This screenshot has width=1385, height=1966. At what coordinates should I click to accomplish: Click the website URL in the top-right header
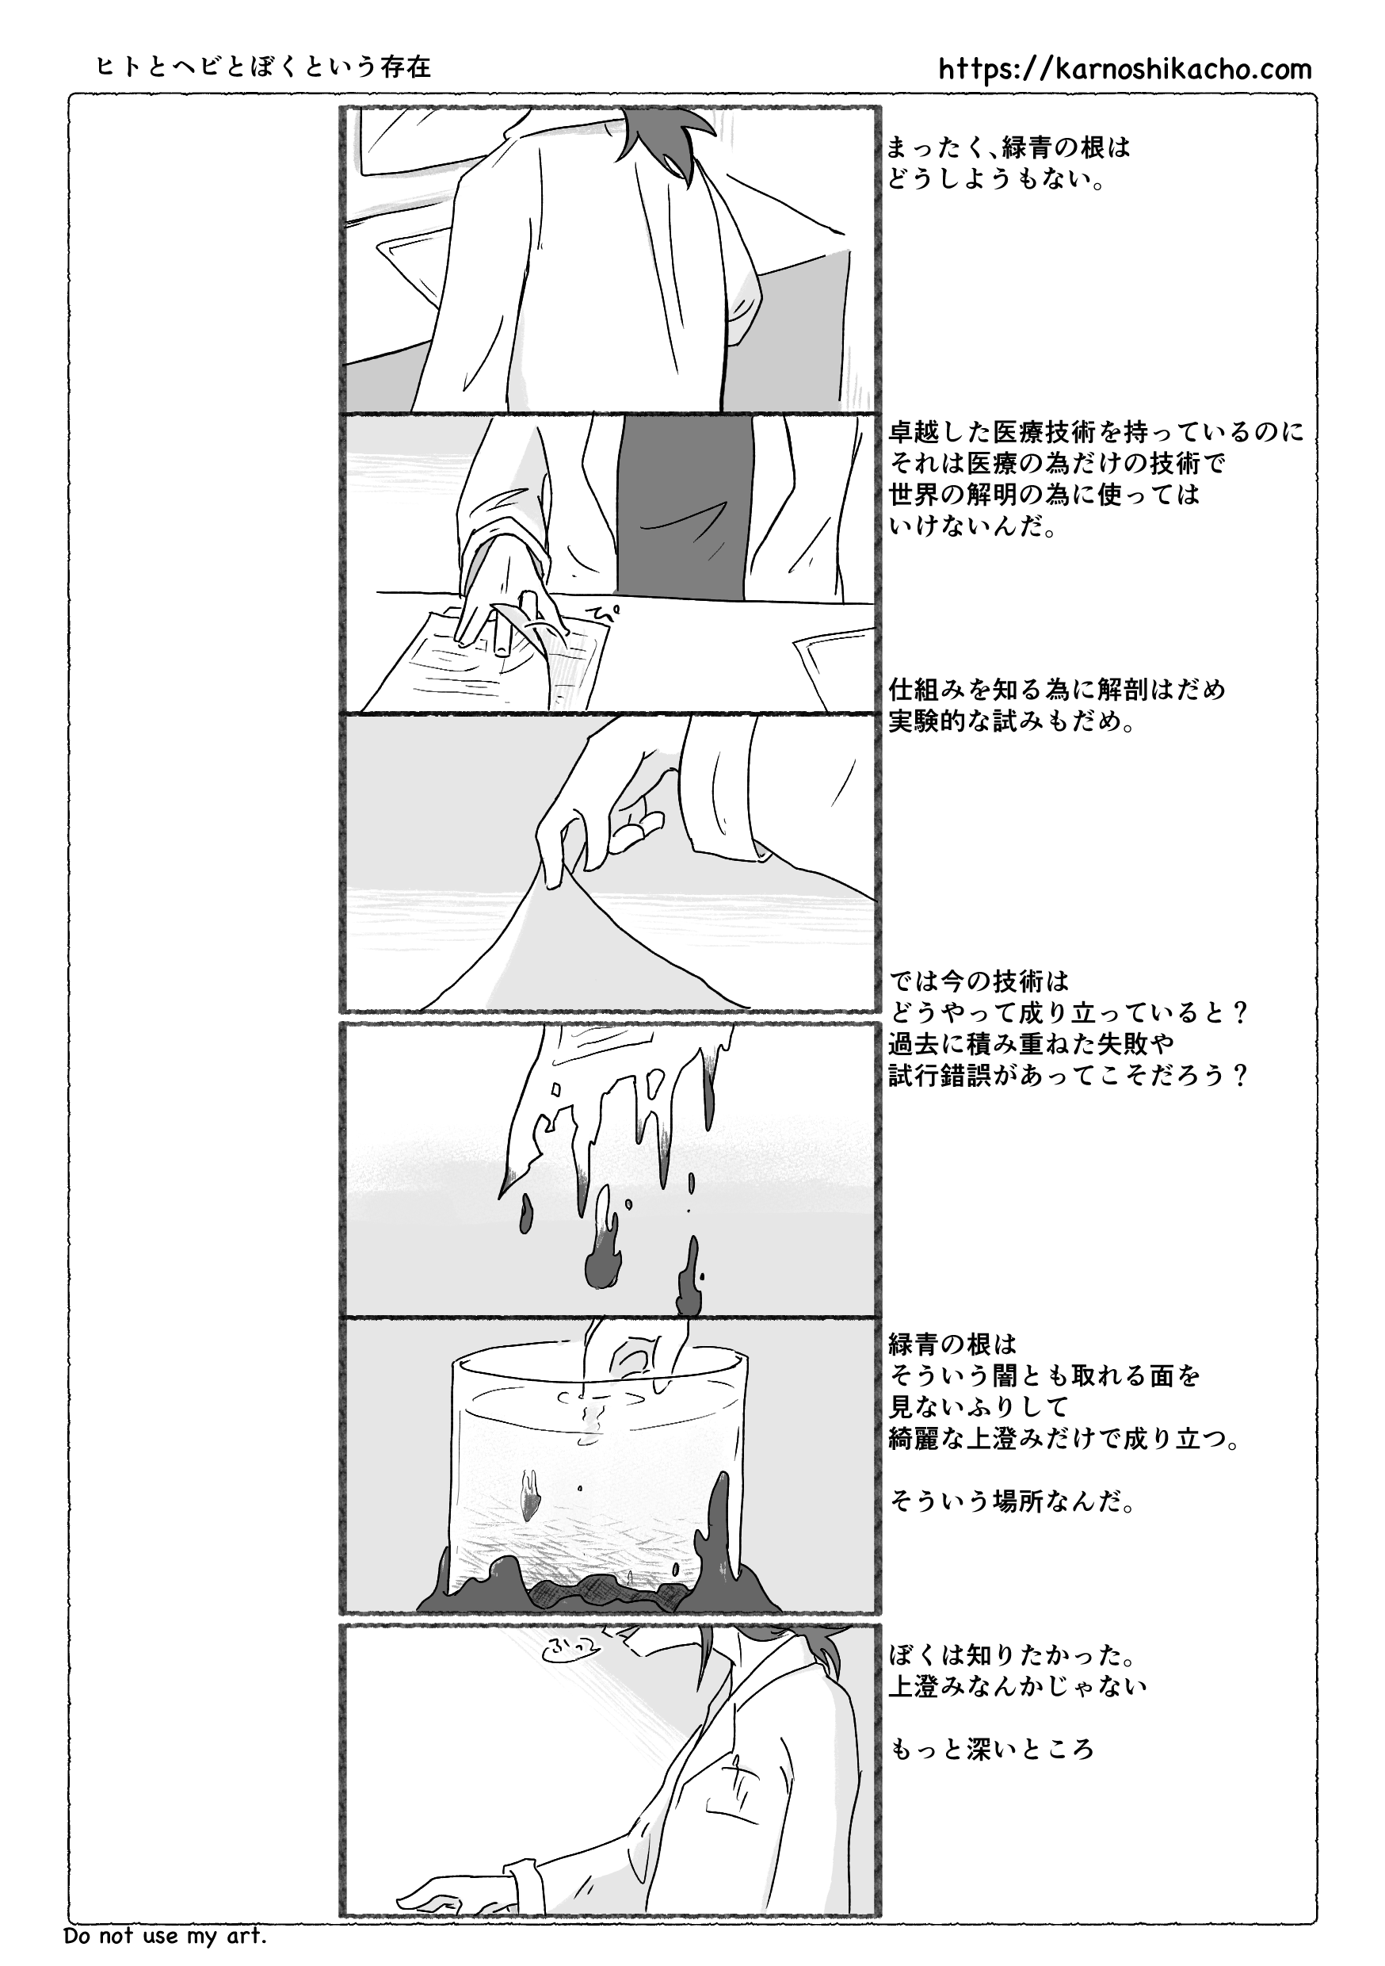tap(1125, 69)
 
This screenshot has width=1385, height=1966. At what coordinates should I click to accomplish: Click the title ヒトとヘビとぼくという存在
tap(265, 67)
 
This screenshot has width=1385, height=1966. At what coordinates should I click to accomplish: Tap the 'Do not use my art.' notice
tap(166, 1935)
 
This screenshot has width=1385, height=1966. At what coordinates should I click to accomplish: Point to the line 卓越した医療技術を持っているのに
tap(1097, 432)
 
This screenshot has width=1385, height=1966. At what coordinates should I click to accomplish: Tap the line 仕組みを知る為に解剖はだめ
tap(1058, 690)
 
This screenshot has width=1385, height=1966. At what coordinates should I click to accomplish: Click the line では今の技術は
tap(979, 981)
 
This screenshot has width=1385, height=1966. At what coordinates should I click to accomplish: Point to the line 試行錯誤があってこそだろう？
tap(1068, 1076)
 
